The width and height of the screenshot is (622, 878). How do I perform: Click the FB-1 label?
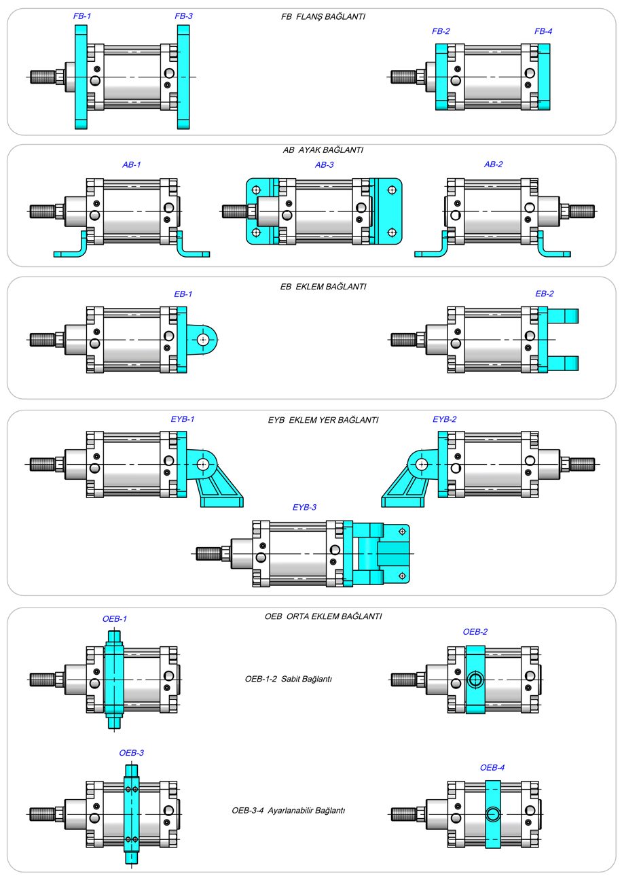[x=81, y=15]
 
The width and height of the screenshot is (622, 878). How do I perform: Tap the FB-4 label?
[x=543, y=31]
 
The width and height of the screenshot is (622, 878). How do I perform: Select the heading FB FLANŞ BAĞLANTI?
[x=323, y=16]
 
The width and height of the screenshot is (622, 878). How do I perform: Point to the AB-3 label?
[x=325, y=164]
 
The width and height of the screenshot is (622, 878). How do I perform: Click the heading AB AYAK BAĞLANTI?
[x=323, y=150]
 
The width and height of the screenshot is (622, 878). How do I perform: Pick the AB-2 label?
[x=493, y=164]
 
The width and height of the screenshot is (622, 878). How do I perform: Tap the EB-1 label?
[x=183, y=294]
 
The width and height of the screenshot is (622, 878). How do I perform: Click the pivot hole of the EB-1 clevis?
[x=203, y=339]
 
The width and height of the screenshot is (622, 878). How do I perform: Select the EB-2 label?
[x=545, y=294]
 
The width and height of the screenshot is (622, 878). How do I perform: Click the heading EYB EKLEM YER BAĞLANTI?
[x=323, y=420]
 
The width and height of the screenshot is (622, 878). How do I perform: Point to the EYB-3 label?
[x=304, y=507]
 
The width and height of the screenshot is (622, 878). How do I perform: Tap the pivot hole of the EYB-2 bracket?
[x=422, y=464]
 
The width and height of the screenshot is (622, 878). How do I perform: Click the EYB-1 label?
[x=183, y=419]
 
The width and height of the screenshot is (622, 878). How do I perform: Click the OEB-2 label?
[x=475, y=631]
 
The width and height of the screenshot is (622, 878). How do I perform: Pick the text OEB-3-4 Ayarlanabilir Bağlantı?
[x=289, y=811]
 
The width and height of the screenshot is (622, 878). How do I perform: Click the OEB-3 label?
[x=131, y=753]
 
